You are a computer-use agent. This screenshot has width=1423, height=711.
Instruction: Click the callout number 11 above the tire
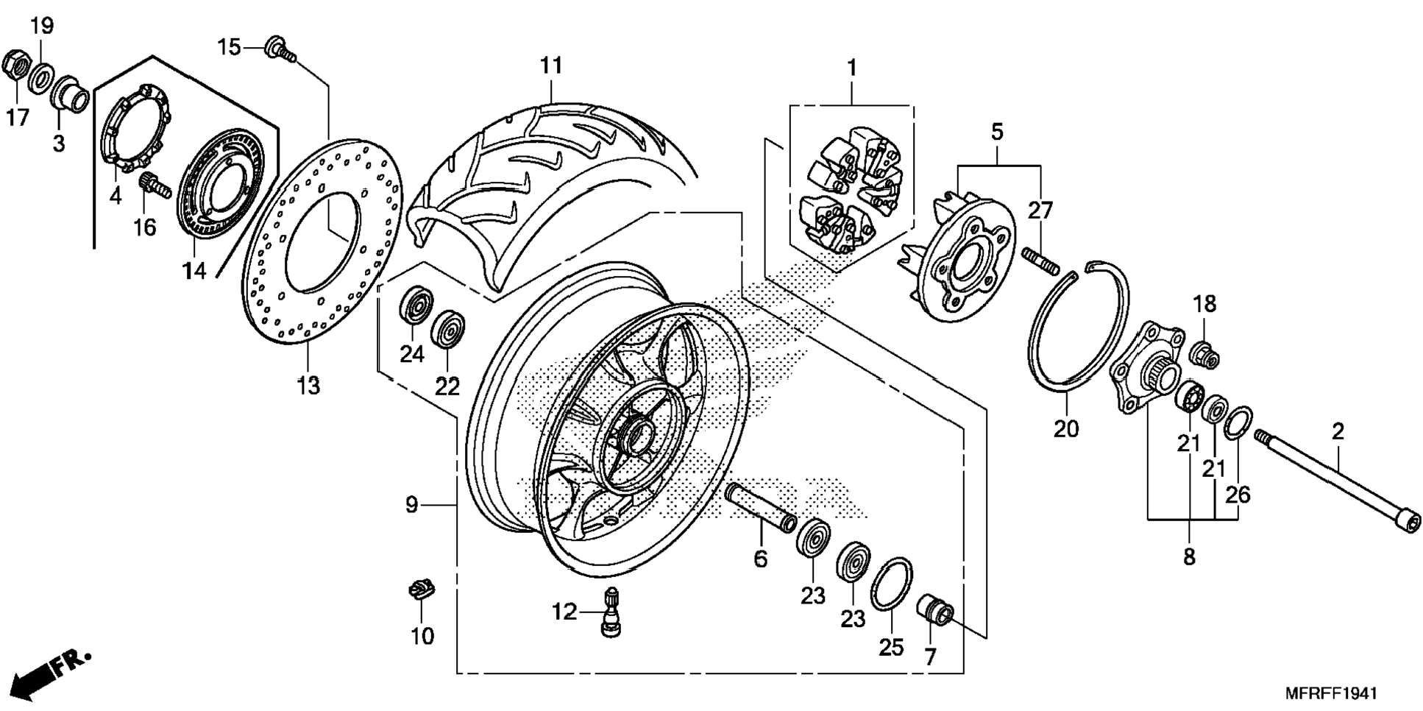(550, 66)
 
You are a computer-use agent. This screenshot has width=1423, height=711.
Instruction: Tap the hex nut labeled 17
(15, 66)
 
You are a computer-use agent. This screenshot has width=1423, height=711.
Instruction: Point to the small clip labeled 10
(421, 589)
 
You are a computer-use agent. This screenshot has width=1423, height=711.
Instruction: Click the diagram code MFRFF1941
(1331, 693)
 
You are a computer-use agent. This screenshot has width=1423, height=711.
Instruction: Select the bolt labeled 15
(280, 46)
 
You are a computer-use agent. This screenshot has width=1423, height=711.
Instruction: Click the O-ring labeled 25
(891, 584)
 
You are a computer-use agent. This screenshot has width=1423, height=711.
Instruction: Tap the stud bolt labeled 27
(1040, 259)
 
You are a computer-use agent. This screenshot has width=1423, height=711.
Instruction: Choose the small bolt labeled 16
(154, 185)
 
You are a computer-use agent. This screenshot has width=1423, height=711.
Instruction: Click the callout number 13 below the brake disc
(309, 384)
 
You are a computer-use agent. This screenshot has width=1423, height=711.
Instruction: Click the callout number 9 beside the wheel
(411, 505)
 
